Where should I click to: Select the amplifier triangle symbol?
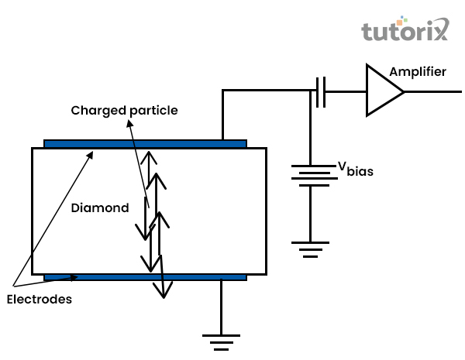pos(383,91)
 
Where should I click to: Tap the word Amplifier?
pos(418,72)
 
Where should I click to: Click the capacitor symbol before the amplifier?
pos(320,91)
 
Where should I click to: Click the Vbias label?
pos(354,168)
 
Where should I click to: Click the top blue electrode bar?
pos(145,143)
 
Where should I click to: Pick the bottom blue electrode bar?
pos(145,276)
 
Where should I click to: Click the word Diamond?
pos(99,207)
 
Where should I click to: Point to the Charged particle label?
pos(124,111)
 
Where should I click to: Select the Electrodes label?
pos(38,299)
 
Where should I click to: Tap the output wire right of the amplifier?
pos(430,91)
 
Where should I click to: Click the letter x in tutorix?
pos(439,33)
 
